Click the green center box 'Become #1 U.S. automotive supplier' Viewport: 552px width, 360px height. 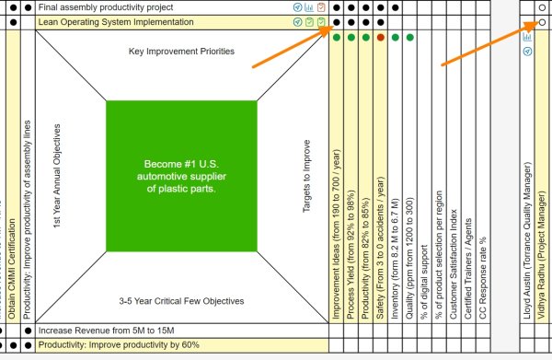coord(180,176)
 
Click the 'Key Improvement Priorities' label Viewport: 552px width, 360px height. coord(181,52)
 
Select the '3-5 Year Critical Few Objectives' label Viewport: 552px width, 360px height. coord(181,301)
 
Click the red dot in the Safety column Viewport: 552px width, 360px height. coord(381,38)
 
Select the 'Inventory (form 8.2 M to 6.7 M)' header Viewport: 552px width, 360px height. coord(395,249)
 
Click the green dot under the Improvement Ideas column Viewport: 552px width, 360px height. coord(338,38)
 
